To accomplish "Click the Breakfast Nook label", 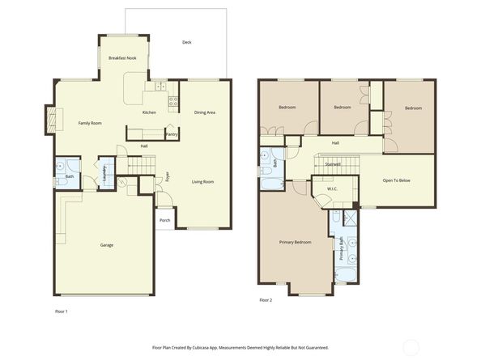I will coord(122,58).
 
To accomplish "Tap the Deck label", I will coord(186,42).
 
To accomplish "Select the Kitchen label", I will coord(149,112).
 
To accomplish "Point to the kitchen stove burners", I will coord(172,101).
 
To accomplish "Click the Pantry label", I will coord(172,134).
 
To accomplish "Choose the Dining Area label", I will coord(205,112).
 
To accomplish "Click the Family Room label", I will coord(89,123).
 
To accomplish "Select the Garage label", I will coord(106,245).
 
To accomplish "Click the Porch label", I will coord(164,220).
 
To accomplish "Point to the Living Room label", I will coord(202,182).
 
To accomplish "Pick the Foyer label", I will coord(168,176).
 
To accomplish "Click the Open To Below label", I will coord(397,180).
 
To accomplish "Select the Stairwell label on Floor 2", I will coord(333,164).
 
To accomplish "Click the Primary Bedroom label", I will coord(296,242).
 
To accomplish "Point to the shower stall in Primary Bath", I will coord(350,218).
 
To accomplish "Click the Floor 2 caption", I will coord(266,300).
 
